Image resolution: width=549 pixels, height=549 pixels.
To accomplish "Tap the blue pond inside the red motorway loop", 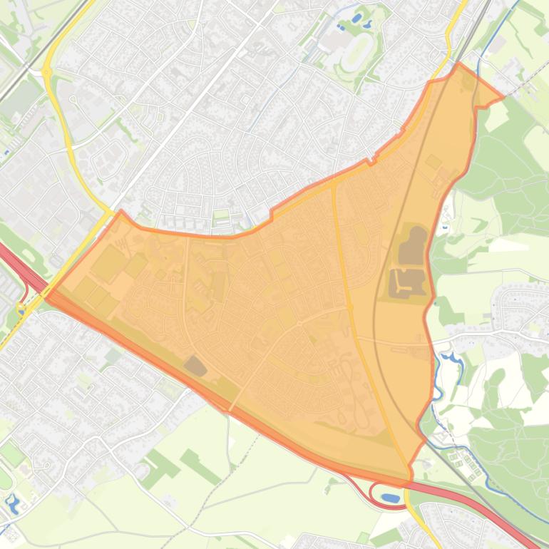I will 390,497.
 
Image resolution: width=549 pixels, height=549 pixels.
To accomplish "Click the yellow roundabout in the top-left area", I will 46,72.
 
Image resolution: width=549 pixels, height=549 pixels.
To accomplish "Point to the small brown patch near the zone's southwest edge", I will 195,366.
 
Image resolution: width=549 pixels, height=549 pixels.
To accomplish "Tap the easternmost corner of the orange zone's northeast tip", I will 503,96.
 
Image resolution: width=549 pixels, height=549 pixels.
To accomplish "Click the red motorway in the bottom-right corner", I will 499,513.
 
